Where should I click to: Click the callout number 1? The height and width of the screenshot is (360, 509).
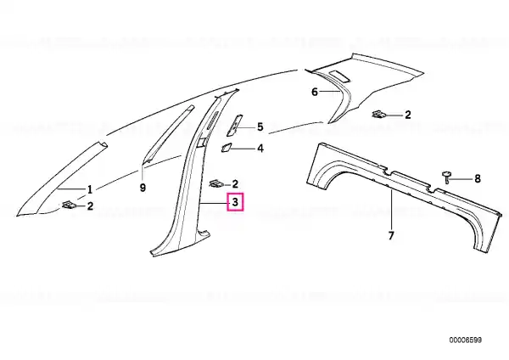coord(90,189)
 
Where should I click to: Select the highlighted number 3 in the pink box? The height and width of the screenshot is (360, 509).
coord(235,202)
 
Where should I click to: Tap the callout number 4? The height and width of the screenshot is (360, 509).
coord(260,149)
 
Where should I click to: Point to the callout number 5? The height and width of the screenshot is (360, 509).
coord(260,127)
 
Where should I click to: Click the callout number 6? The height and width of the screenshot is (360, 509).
coord(315,92)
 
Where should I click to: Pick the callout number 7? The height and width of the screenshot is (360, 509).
coord(391,235)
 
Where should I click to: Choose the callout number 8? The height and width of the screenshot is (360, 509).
coord(477,178)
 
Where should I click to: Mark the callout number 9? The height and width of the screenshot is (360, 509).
coord(143,188)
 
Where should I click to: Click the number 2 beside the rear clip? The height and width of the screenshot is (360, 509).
coord(408,115)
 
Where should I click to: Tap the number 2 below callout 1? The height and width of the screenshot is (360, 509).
coord(90,205)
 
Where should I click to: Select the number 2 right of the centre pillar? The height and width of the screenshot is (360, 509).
coord(235,184)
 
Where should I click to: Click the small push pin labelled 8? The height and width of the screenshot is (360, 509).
coord(447,177)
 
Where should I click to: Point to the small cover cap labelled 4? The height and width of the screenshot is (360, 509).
coord(226,147)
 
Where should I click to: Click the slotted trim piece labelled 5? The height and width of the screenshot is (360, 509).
coord(234,125)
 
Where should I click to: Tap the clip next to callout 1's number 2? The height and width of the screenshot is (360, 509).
coord(68,205)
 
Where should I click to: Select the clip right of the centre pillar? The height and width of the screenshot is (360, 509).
coord(215,183)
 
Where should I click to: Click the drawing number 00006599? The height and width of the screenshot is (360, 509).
coord(466,340)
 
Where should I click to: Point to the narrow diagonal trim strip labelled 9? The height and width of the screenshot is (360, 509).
coord(168,133)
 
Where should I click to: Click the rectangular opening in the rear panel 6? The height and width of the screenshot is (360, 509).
coord(338,76)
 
